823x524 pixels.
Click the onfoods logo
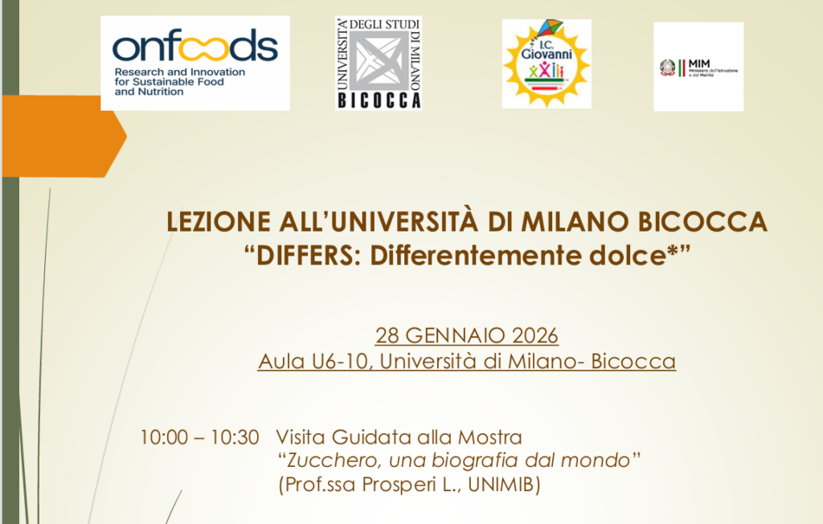tap(194, 63)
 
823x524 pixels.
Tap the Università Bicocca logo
tap(378, 63)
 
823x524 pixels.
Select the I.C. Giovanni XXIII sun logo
tap(546, 63)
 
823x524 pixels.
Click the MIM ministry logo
tap(698, 67)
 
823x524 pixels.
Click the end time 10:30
tap(235, 438)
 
